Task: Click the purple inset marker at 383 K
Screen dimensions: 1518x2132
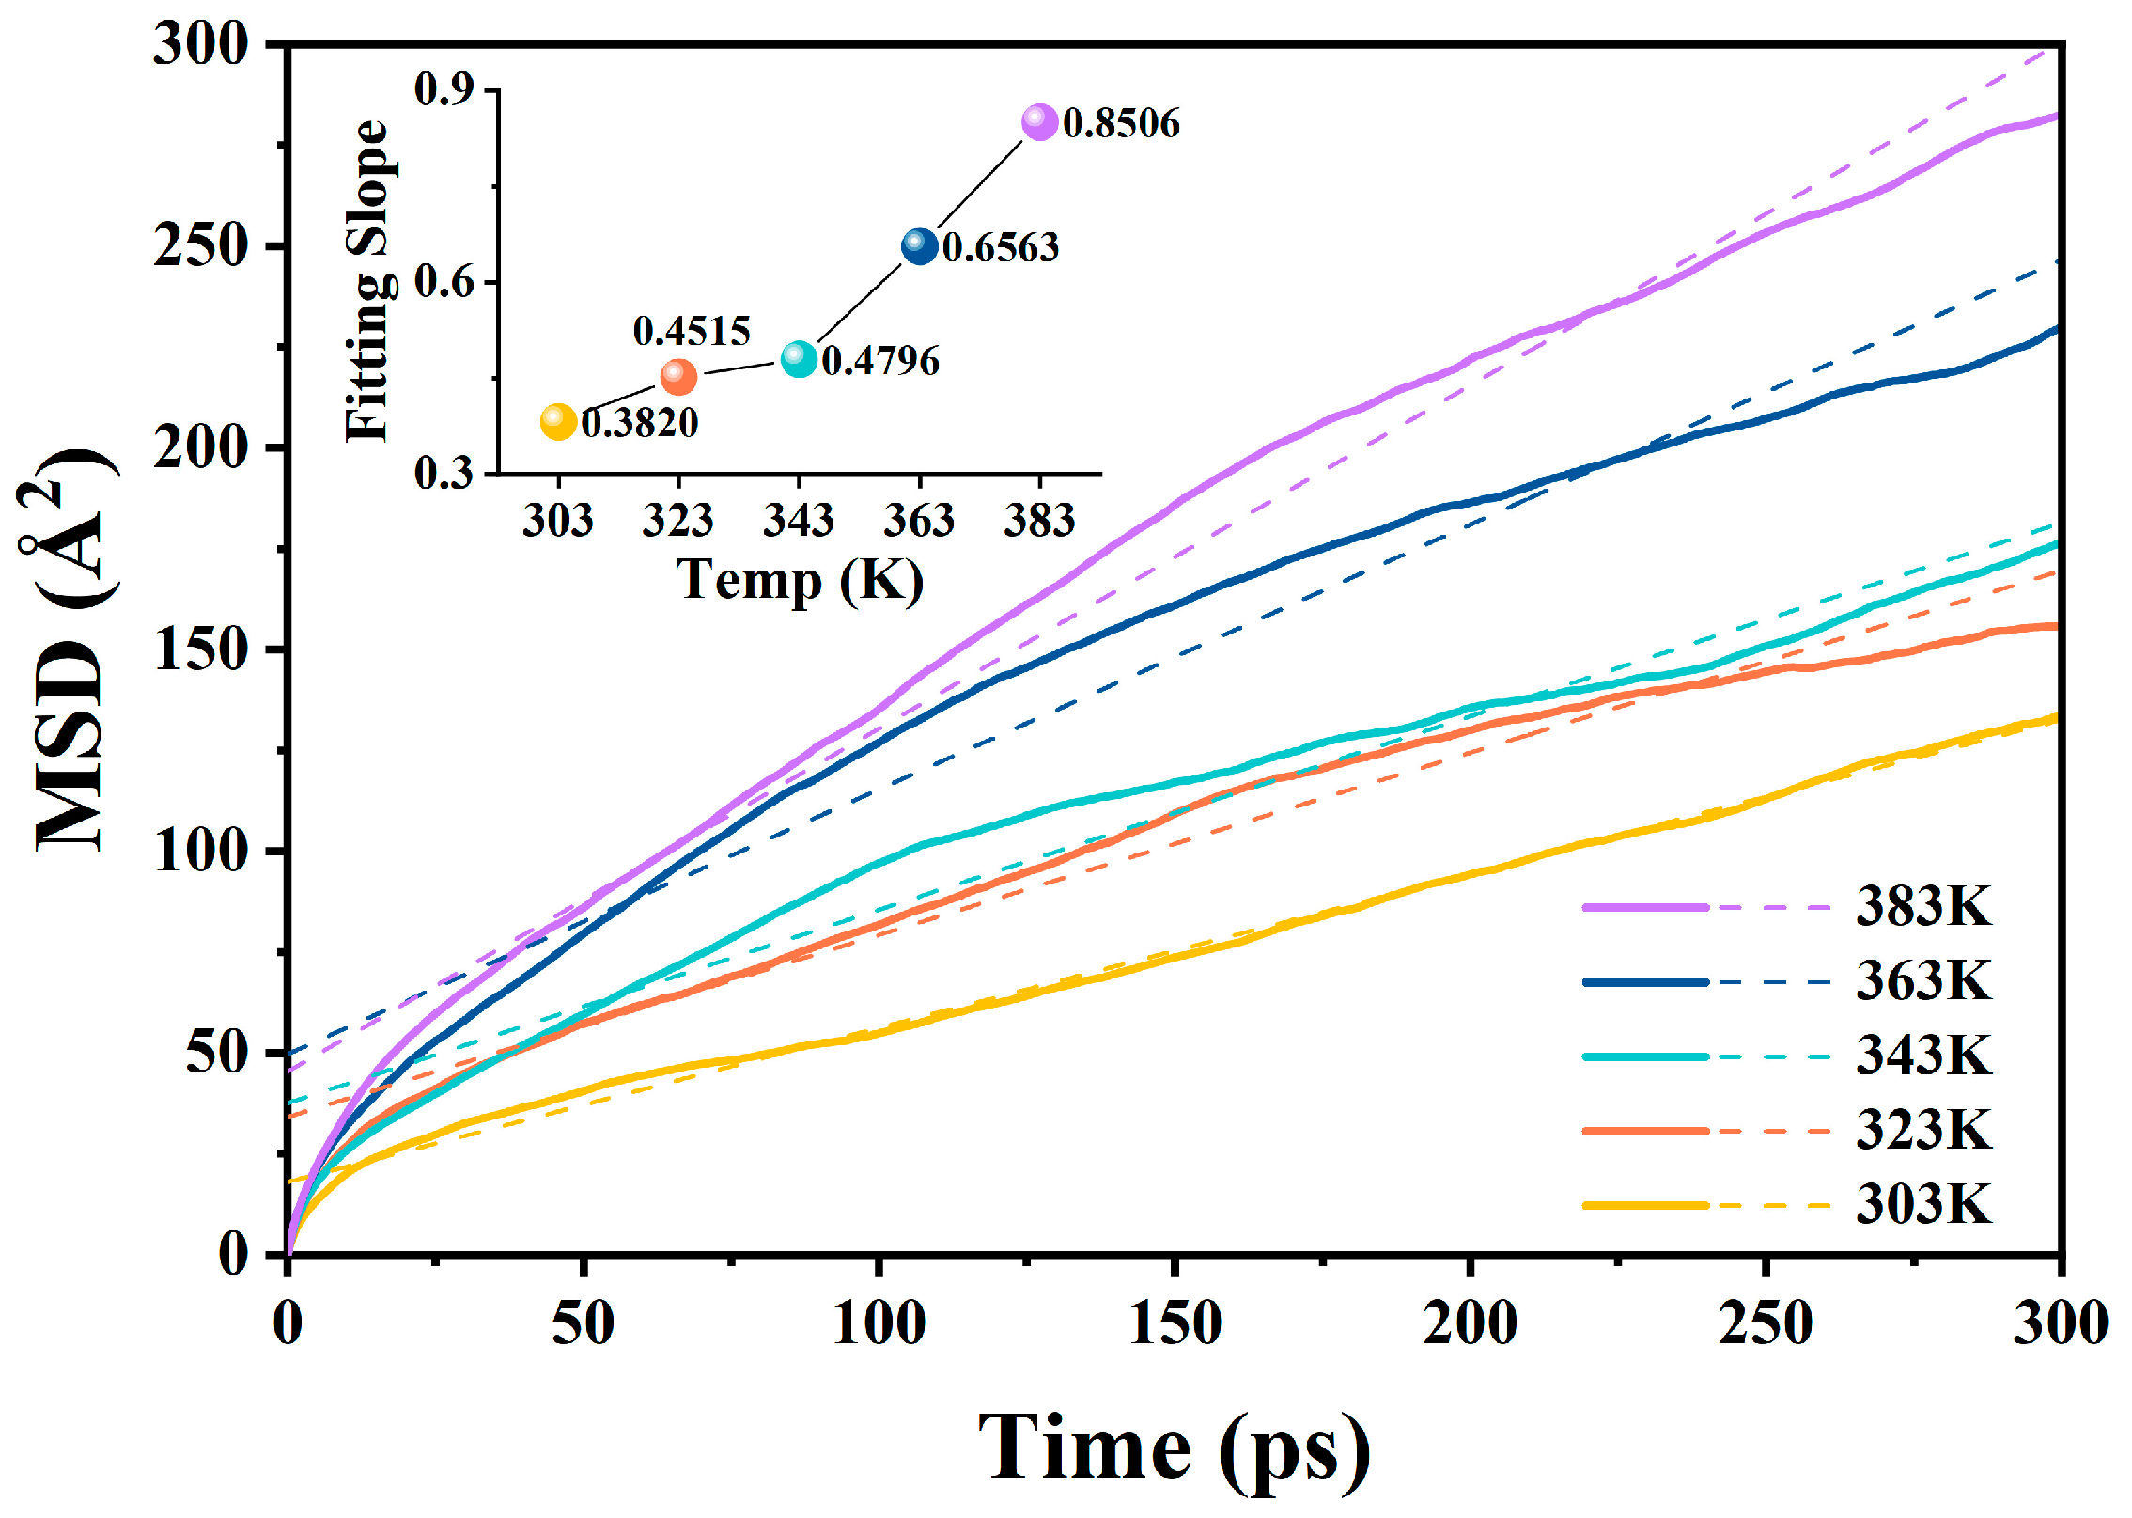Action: pos(1039,122)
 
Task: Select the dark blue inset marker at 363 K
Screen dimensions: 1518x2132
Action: pos(919,246)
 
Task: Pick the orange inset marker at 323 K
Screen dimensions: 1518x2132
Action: pos(678,376)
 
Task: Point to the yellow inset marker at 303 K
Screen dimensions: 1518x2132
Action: pos(558,422)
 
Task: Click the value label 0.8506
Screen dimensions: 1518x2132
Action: pos(1121,123)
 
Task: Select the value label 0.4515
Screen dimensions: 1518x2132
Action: pos(692,331)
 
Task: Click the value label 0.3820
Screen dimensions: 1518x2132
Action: pos(640,423)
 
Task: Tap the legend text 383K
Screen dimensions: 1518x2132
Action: pos(1922,907)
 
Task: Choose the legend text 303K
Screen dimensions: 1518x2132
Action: pos(1922,1204)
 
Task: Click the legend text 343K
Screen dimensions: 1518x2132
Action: pos(1922,1056)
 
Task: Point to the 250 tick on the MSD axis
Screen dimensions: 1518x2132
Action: pos(201,246)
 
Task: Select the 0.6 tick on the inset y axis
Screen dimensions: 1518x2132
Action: pos(444,282)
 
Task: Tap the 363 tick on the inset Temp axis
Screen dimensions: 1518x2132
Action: pos(919,520)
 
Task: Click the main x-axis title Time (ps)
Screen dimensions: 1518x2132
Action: pos(1175,1449)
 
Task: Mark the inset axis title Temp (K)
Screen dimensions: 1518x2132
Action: pos(800,580)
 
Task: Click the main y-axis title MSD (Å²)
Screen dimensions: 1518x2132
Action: pos(70,649)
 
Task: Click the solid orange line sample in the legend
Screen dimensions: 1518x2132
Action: pos(1644,1131)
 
